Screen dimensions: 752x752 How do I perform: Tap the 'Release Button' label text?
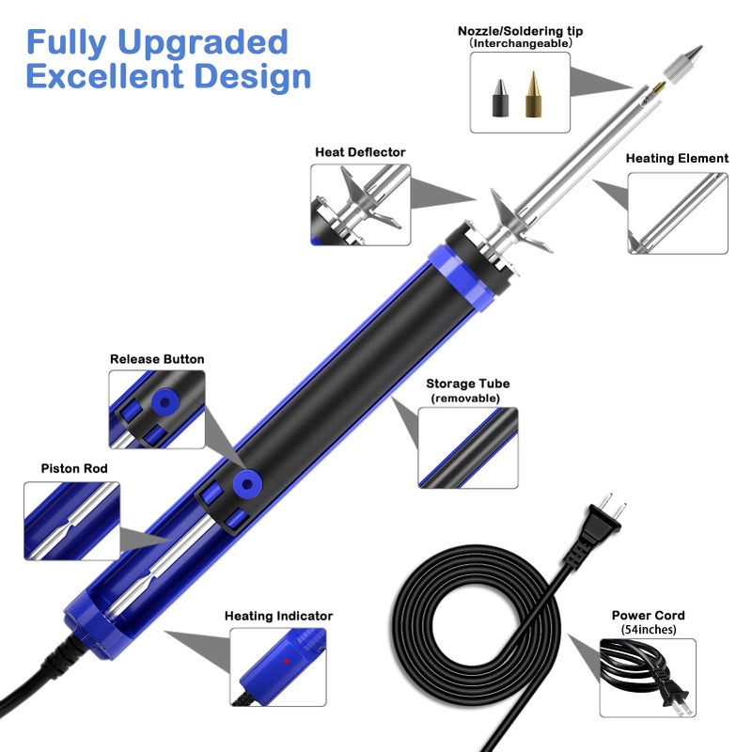tap(157, 359)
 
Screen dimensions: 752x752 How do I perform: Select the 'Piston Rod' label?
tap(74, 468)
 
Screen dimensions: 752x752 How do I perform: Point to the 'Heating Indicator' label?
tap(278, 616)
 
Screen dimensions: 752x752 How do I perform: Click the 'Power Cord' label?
tap(649, 616)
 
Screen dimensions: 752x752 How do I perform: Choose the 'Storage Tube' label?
tap(468, 384)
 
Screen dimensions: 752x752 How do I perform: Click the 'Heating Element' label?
tap(677, 159)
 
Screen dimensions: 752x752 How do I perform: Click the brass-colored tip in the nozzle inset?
tap(533, 94)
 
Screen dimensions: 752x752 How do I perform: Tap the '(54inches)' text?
tap(649, 630)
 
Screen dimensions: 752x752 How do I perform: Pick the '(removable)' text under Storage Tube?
tap(467, 398)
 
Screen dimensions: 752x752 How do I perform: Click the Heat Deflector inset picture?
tap(361, 204)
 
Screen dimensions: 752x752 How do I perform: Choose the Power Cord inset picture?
tap(648, 678)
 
